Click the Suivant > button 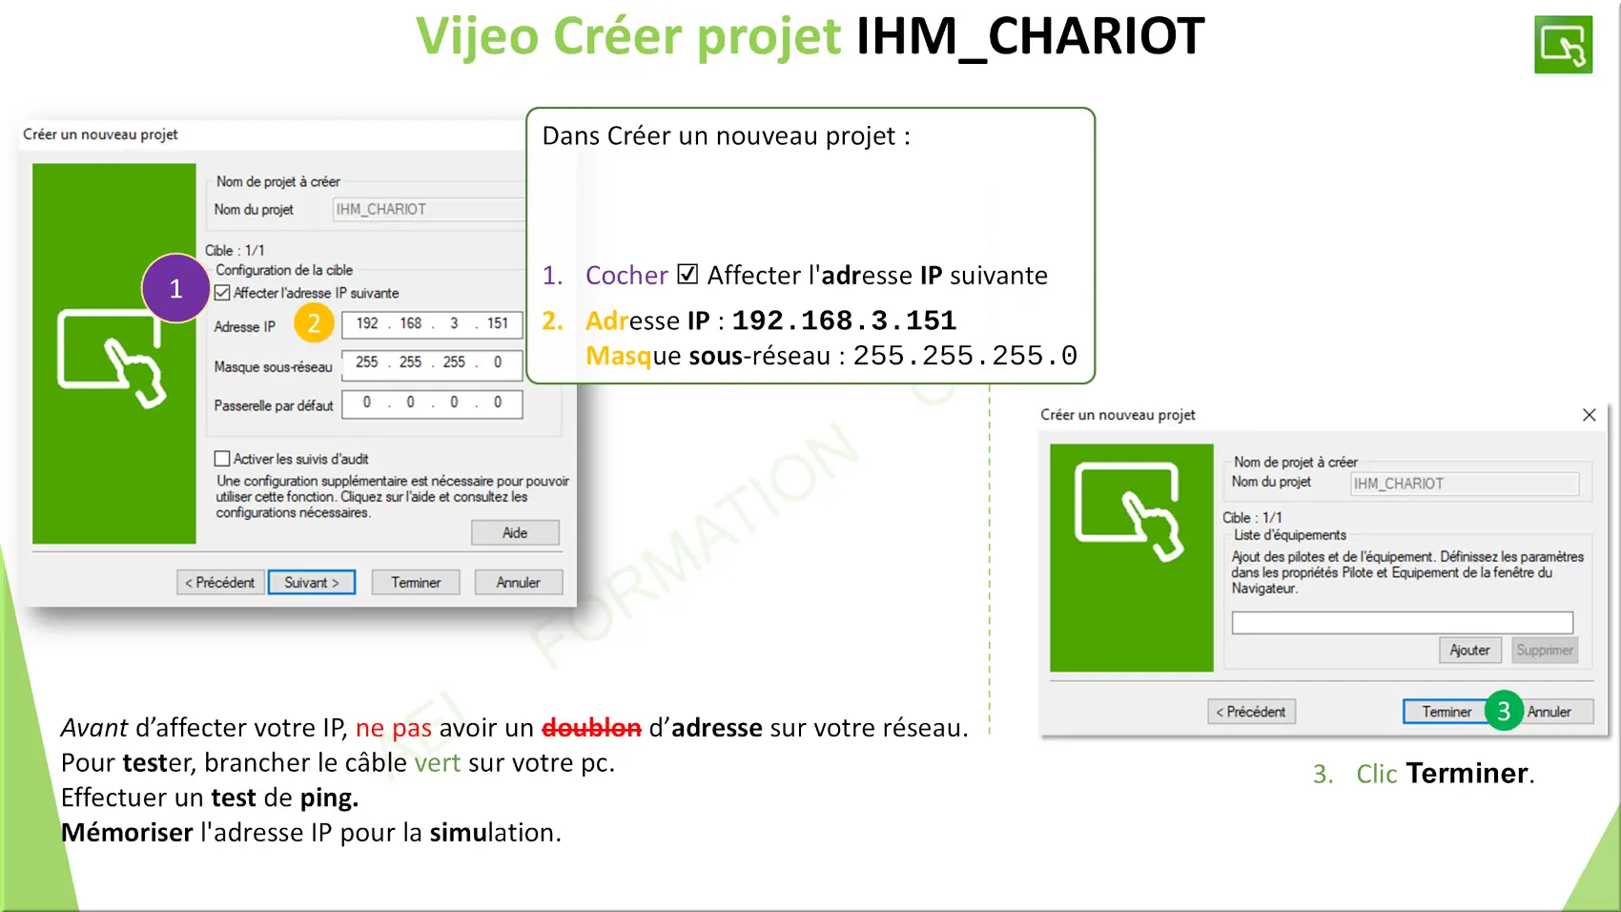[x=311, y=583]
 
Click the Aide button [x=515, y=532]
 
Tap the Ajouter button [x=1469, y=650]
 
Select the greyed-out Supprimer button [x=1545, y=650]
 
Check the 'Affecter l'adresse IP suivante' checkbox [x=222, y=293]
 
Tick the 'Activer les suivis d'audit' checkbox [x=222, y=459]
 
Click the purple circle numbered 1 [x=175, y=288]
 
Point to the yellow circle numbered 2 [x=314, y=322]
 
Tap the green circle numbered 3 [x=1504, y=711]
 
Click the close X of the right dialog [x=1590, y=415]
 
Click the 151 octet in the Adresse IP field [x=498, y=323]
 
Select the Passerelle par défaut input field [x=432, y=404]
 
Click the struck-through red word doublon [x=592, y=728]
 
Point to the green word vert [x=437, y=763]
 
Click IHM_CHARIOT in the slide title [x=1031, y=36]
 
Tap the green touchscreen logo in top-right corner [x=1563, y=45]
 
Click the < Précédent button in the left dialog [x=220, y=583]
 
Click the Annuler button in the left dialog [x=518, y=583]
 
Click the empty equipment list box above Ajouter [x=1403, y=623]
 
